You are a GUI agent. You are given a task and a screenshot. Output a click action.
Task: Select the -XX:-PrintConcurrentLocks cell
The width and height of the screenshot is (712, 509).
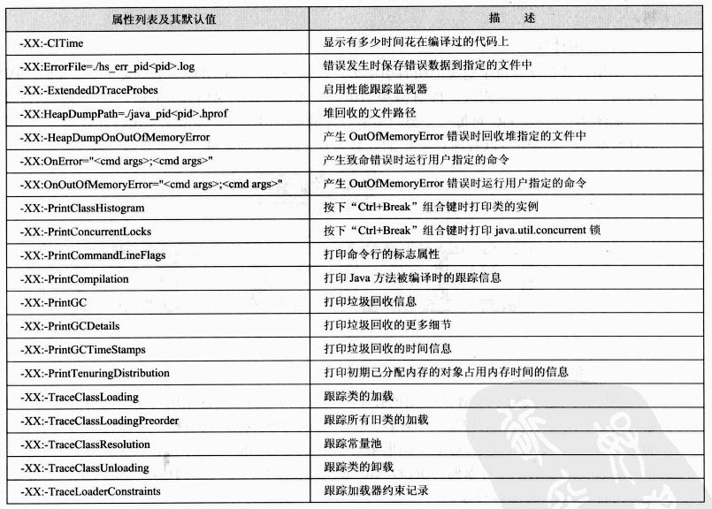pyautogui.click(x=88, y=232)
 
